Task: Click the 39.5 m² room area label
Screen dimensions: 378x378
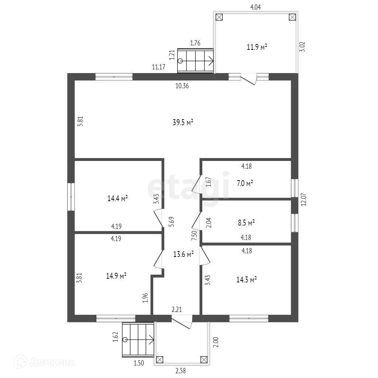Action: point(183,123)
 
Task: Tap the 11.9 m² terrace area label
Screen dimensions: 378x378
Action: point(257,47)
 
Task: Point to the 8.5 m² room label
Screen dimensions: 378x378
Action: point(246,223)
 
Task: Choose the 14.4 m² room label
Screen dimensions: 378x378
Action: point(117,199)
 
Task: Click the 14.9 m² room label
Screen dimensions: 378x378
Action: point(117,275)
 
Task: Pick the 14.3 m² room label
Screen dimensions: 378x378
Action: point(246,279)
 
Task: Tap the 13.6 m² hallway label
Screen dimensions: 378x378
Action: point(183,254)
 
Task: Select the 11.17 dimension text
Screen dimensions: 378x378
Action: point(159,67)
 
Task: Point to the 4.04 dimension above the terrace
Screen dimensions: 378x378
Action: point(255,7)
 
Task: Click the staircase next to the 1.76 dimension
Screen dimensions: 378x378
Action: point(195,61)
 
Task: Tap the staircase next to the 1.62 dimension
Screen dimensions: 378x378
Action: point(138,339)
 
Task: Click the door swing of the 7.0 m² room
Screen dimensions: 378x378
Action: point(197,183)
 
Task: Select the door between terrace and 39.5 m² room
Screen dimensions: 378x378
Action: point(248,79)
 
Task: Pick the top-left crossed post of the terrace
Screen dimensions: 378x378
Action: point(219,17)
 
